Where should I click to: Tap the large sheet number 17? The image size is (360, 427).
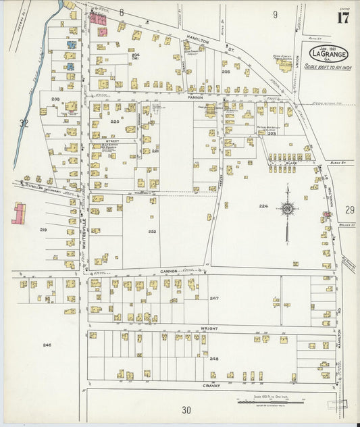(343, 18)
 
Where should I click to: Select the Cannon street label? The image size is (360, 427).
(169, 271)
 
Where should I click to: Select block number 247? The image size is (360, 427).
(214, 298)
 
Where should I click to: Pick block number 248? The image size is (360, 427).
(214, 359)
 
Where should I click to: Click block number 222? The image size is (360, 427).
(152, 231)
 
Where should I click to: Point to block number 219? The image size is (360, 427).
(43, 230)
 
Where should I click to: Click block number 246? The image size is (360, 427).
(47, 345)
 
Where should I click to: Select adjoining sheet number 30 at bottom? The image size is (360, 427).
(186, 409)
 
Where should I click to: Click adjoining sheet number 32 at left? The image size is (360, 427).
(24, 124)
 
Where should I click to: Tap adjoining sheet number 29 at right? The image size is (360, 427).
(349, 211)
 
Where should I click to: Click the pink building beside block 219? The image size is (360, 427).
(18, 213)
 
